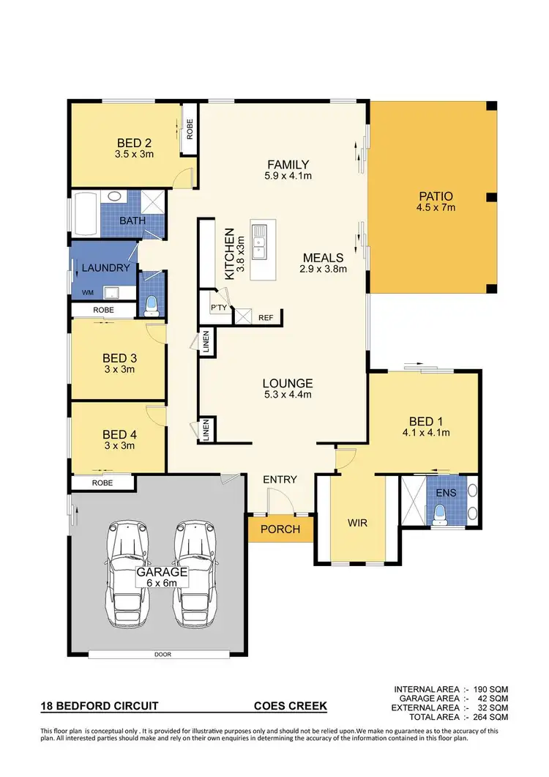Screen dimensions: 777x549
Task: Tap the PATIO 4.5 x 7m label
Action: coord(436,201)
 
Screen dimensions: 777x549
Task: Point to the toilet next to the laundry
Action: coord(152,303)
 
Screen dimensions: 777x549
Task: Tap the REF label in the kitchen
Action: coord(265,318)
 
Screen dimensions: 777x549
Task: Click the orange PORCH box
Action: coord(280,529)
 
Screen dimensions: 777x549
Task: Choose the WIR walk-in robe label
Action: coord(357,524)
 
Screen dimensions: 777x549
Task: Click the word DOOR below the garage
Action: coord(163,655)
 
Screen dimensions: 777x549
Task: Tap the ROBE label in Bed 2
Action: coord(189,130)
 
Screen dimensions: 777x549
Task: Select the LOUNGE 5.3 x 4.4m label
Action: coord(288,389)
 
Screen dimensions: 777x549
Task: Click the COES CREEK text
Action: coord(290,707)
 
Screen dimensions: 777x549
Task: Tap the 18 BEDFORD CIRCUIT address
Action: coord(99,707)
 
